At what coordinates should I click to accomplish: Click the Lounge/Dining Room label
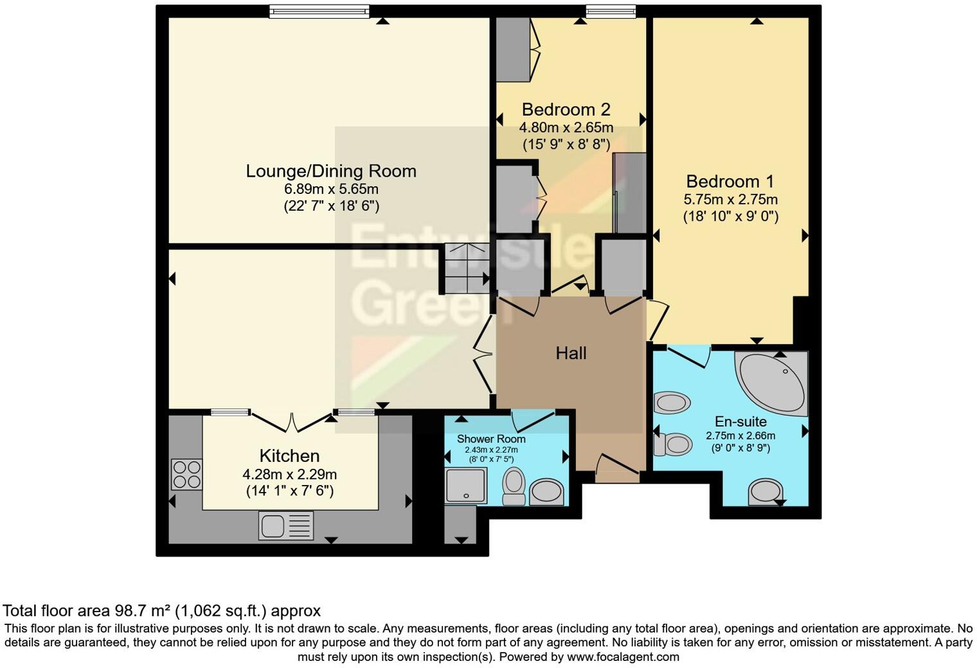(x=331, y=171)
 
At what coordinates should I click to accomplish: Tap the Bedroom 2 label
(x=566, y=109)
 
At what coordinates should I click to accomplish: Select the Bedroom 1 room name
(x=730, y=181)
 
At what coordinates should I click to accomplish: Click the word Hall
(x=571, y=353)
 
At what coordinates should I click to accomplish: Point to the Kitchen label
(x=289, y=456)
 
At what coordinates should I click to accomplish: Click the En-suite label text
(x=740, y=422)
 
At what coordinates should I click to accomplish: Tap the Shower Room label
(x=491, y=439)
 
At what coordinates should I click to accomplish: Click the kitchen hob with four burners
(x=187, y=475)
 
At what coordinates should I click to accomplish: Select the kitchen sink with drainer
(x=286, y=525)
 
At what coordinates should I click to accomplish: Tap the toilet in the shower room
(x=514, y=488)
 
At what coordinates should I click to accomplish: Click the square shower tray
(x=466, y=485)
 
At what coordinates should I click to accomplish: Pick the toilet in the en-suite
(x=671, y=444)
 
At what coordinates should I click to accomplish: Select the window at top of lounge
(x=319, y=11)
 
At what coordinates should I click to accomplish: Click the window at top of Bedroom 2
(x=610, y=11)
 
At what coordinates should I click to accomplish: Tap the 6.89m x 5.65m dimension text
(x=331, y=189)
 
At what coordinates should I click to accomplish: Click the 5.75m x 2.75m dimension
(x=730, y=200)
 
